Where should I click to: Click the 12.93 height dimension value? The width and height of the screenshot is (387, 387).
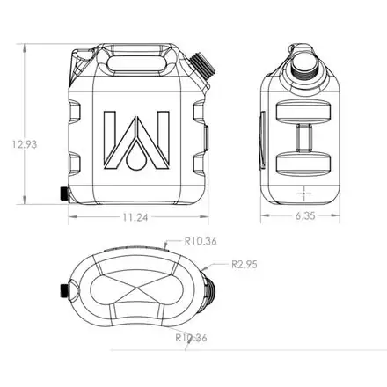click(25, 144)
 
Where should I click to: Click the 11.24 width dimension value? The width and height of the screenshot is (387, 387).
click(135, 217)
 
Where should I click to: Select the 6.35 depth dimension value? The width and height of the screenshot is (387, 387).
click(305, 215)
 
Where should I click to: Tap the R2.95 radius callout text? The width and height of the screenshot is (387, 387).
click(245, 265)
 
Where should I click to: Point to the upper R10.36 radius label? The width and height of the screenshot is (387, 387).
click(201, 241)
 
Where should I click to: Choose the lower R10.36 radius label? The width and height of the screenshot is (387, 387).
click(191, 338)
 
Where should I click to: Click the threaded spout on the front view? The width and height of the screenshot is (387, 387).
click(202, 66)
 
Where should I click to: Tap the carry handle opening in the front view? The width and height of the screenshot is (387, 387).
click(136, 63)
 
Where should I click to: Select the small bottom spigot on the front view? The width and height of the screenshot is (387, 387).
click(64, 193)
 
